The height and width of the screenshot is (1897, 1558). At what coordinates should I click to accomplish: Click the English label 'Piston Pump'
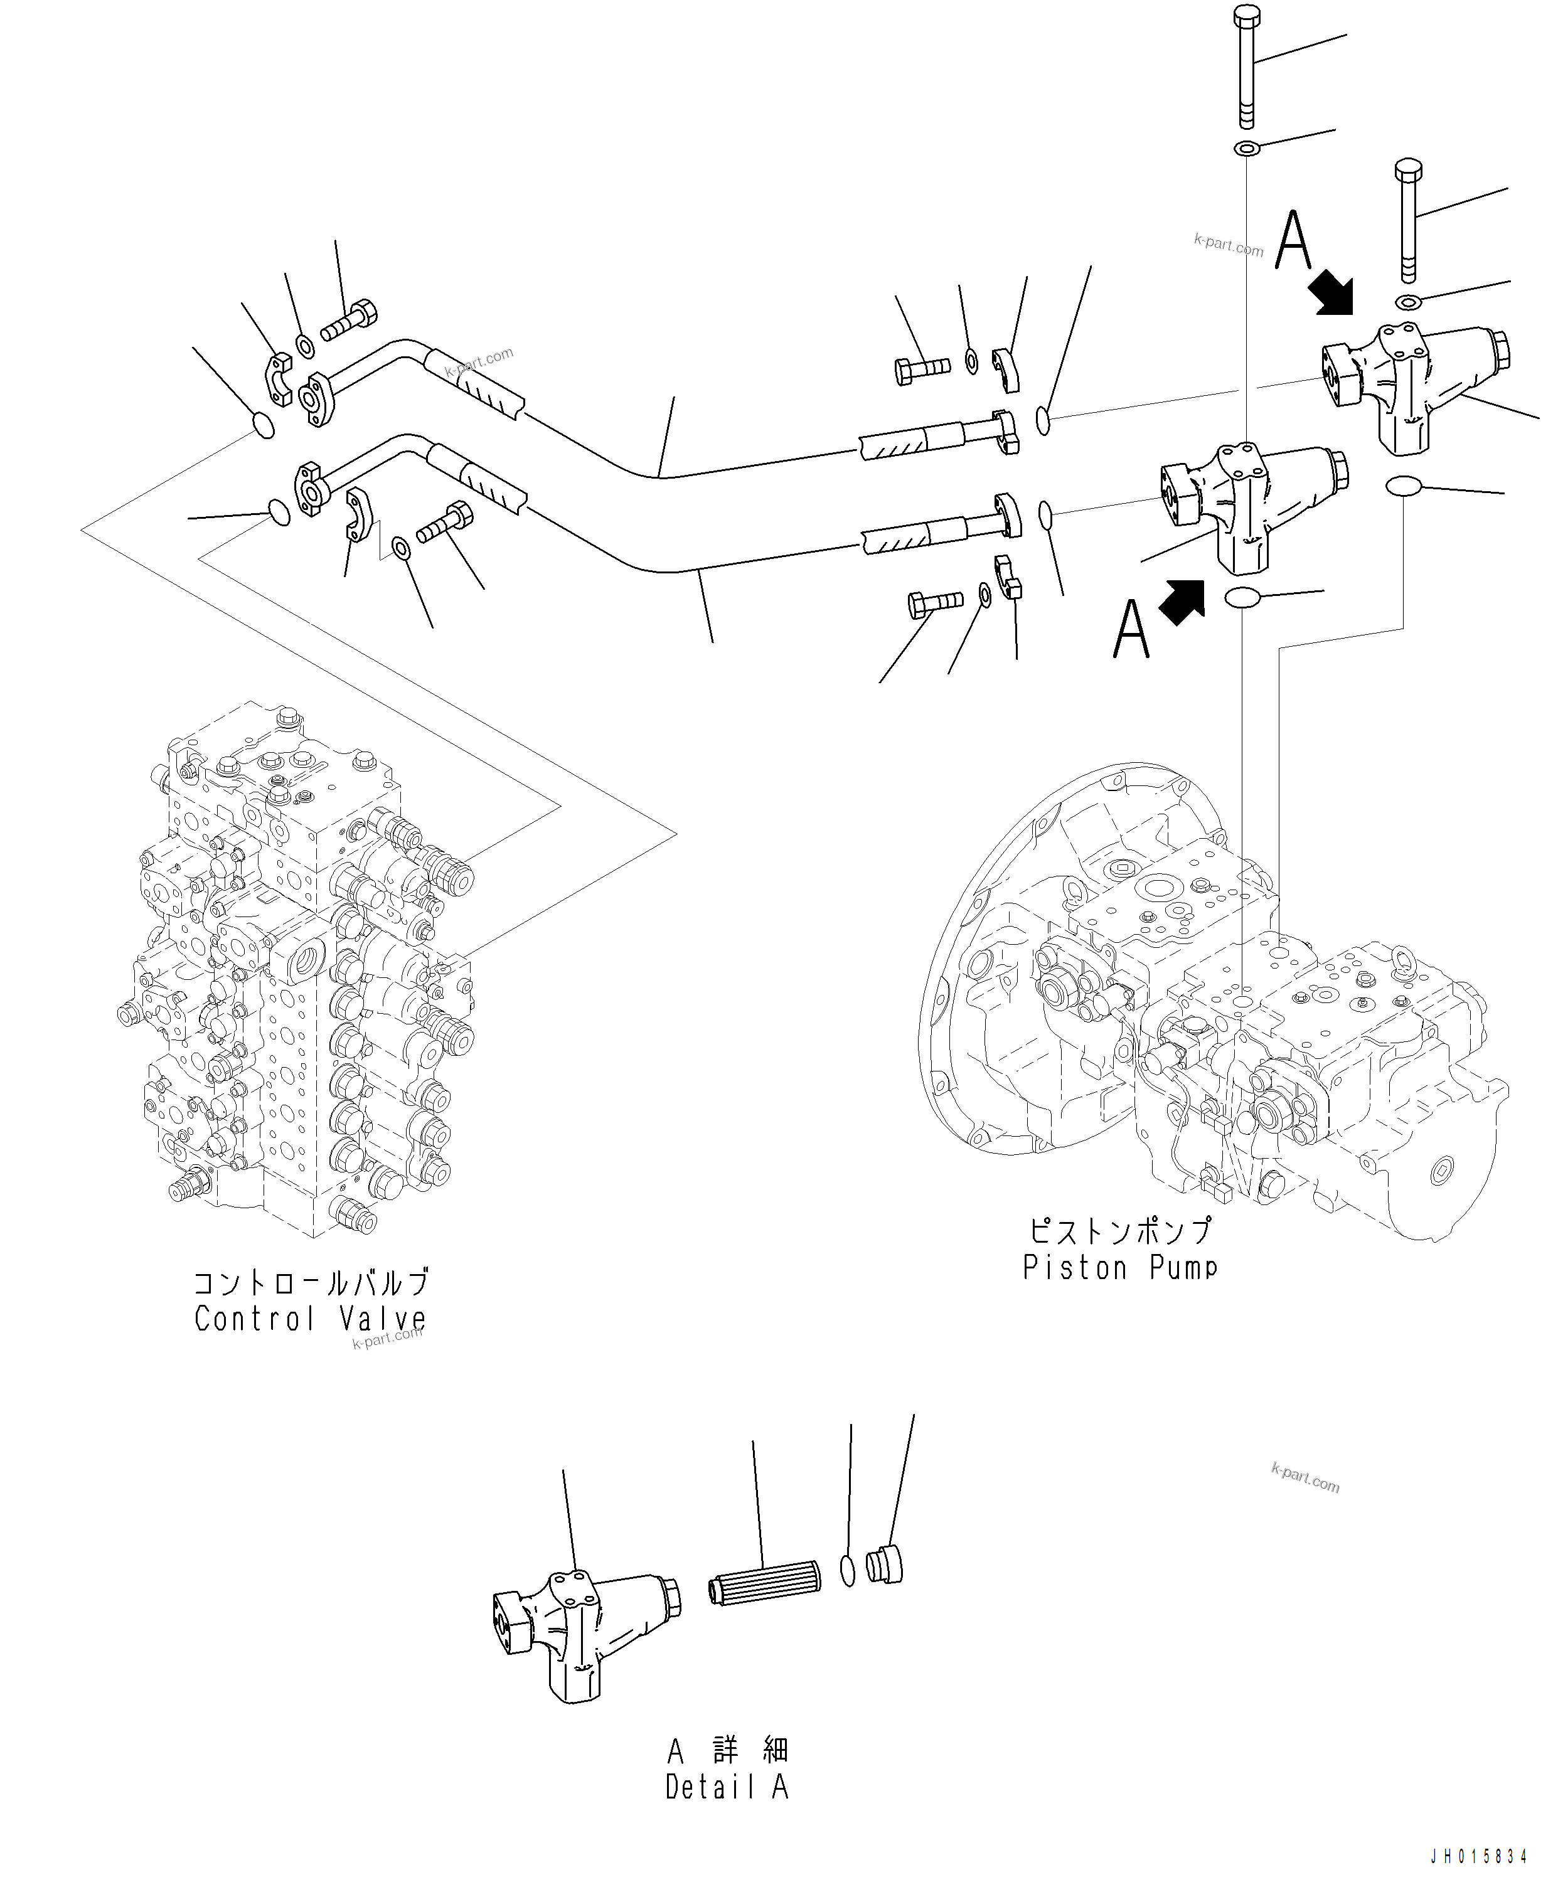1119,1267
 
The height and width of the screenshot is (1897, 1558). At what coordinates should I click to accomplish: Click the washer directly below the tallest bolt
1247,147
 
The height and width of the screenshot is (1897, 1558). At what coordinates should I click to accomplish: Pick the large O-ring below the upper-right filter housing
1403,487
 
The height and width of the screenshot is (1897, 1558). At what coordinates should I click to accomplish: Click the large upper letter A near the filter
1293,240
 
